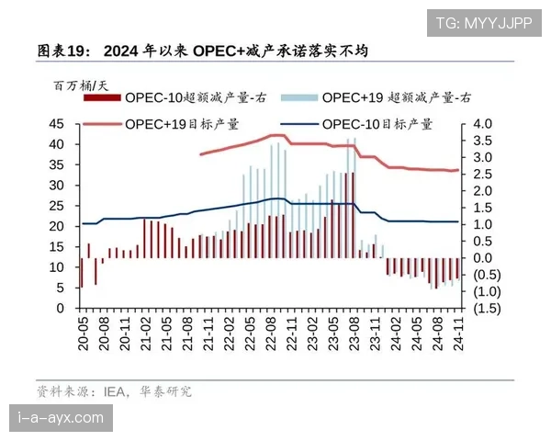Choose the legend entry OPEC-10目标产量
coord(377,123)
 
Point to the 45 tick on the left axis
coord(57,124)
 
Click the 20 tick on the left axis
coord(57,226)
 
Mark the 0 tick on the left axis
coord(61,309)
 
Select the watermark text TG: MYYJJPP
coord(483,21)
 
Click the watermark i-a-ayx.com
coord(61,419)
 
